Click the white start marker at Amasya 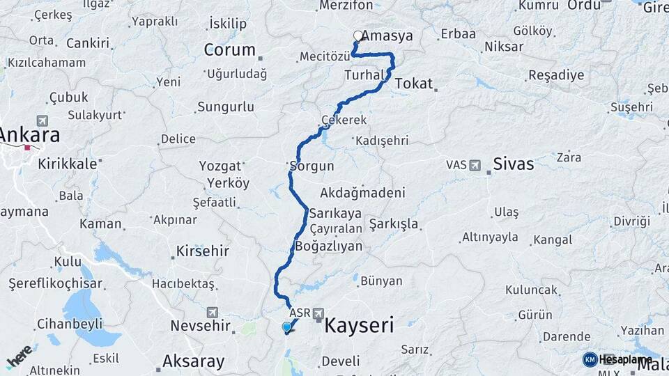[358, 36]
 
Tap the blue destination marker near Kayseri [287, 327]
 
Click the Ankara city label [30, 134]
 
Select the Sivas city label [513, 164]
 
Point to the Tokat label [414, 84]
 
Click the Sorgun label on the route [312, 166]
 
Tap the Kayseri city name [360, 324]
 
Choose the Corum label [230, 50]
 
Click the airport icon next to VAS [475, 166]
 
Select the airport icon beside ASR [318, 313]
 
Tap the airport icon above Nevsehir [213, 313]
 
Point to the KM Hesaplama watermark [617, 359]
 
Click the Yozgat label [220, 166]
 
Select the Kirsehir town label [203, 251]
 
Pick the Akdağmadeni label [363, 192]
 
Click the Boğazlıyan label [329, 246]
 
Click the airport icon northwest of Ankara [43, 120]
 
